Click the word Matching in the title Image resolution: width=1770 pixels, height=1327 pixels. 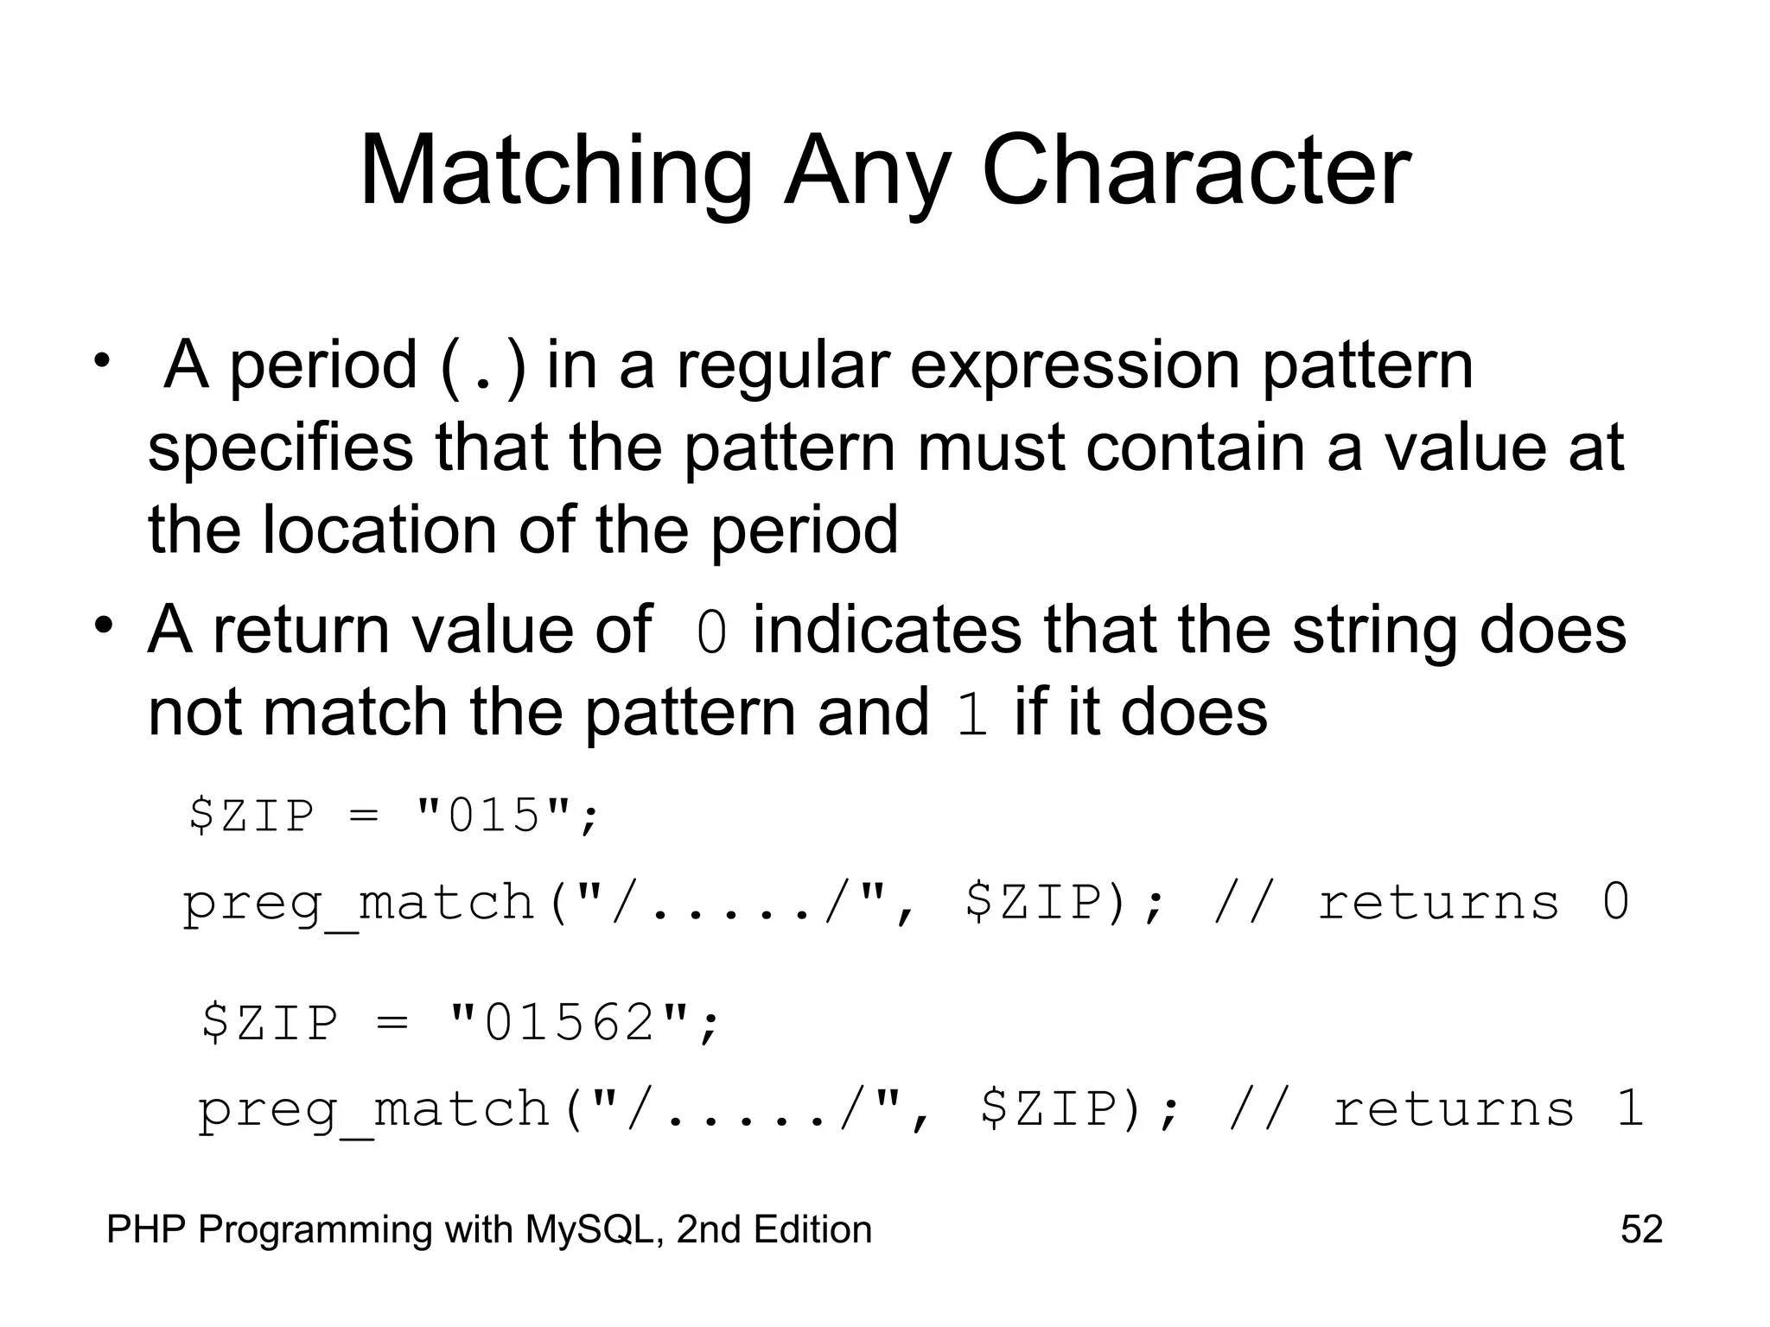(555, 173)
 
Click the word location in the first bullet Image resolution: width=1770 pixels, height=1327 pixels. (379, 530)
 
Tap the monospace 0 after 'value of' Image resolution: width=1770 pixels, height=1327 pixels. (712, 632)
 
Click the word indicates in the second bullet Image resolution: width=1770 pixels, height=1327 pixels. (888, 630)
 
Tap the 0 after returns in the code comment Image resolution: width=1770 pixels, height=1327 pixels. (1615, 902)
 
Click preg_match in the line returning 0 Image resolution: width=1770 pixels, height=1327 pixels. (359, 904)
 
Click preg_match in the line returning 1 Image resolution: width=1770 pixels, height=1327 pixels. (373, 1110)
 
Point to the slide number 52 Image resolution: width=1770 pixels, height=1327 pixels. (1641, 1229)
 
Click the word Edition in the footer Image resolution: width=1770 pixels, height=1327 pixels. (812, 1229)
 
